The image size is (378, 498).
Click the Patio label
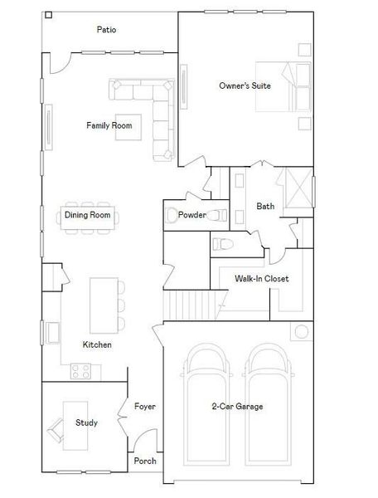(x=106, y=30)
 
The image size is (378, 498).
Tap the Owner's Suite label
(x=245, y=85)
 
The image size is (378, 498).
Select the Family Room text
(x=109, y=125)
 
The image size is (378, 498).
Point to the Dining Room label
(x=88, y=215)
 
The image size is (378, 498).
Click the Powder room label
(x=192, y=215)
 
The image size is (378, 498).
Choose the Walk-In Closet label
(x=261, y=279)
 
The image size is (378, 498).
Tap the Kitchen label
(x=97, y=344)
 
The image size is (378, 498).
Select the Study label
(x=86, y=422)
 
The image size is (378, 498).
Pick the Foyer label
(x=145, y=407)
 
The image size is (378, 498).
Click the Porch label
(x=145, y=461)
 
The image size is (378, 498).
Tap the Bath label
(x=265, y=207)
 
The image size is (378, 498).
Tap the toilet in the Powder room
(x=217, y=215)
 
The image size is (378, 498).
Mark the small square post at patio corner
(x=48, y=15)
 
